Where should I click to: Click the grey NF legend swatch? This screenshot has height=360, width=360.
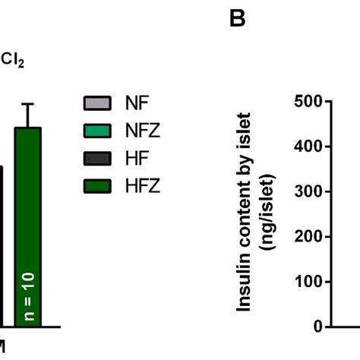96,103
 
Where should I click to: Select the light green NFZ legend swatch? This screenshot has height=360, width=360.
96,131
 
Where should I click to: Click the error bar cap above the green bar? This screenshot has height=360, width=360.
29,104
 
